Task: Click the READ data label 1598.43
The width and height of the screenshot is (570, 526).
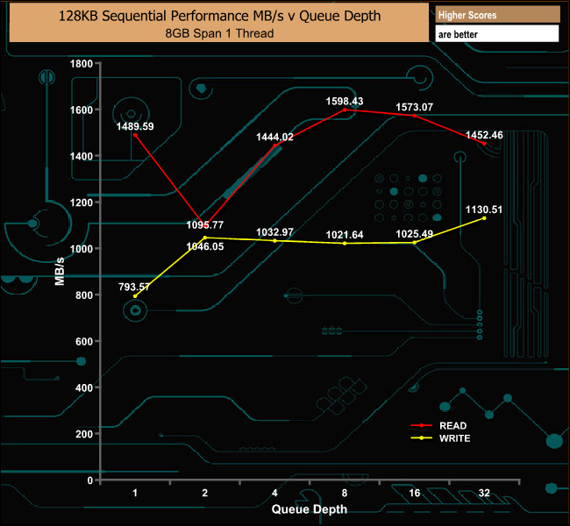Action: point(345,101)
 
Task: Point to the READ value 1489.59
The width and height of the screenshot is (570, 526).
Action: point(135,126)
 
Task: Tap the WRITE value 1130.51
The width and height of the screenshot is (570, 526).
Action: point(484,210)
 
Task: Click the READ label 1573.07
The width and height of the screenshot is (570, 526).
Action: point(415,107)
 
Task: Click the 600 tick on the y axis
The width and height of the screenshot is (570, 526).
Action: point(83,341)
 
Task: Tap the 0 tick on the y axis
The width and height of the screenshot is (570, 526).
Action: point(89,480)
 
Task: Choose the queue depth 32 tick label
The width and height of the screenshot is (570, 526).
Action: point(484,494)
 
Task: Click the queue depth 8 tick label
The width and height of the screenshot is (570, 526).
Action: point(345,494)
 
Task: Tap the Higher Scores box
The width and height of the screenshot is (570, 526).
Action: point(496,15)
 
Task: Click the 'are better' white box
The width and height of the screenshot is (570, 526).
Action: point(496,34)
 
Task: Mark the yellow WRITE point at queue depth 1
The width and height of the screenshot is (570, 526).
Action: point(135,296)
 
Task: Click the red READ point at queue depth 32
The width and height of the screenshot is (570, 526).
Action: point(484,144)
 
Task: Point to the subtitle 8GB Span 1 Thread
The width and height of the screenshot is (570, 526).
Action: point(218,33)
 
